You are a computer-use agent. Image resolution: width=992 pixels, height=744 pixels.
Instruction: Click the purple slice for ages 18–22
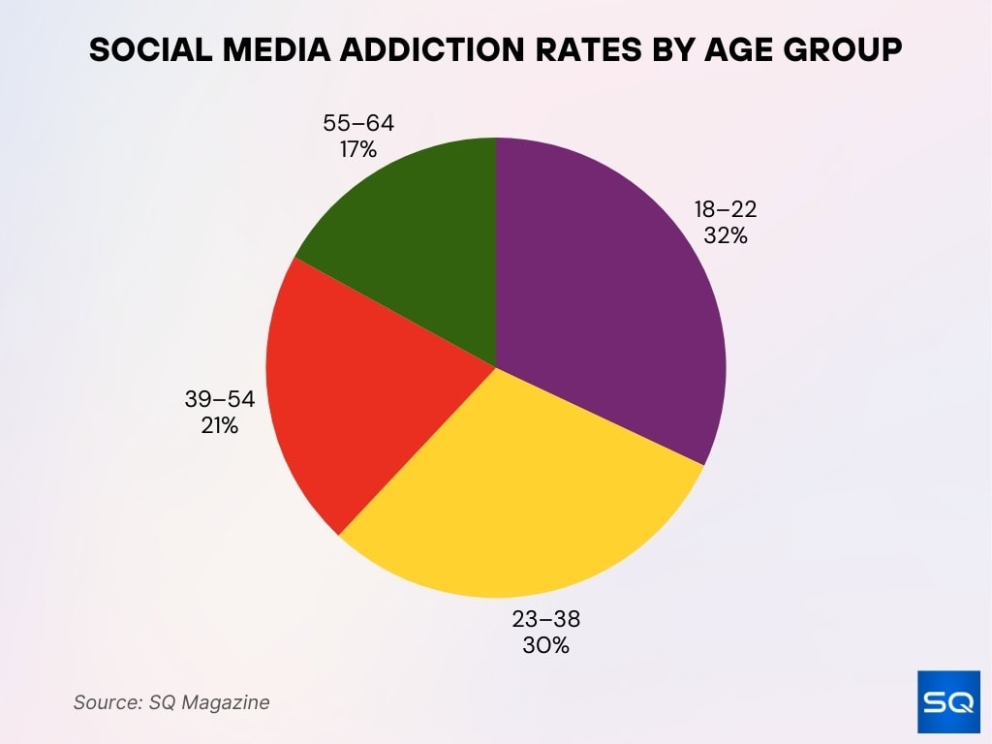[x=610, y=291]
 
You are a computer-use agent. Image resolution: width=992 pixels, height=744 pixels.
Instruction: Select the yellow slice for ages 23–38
[x=523, y=484]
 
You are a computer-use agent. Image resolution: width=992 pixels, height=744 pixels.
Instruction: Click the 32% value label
[x=726, y=234]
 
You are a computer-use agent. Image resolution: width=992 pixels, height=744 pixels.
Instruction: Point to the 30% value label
[x=545, y=645]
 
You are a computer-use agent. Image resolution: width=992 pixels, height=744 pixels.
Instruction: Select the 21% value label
[x=220, y=424]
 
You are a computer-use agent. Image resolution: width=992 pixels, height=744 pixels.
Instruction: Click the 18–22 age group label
[x=726, y=209]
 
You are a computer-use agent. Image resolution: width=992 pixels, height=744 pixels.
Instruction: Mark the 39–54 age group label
[x=220, y=399]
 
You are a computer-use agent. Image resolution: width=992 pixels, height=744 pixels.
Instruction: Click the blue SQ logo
[x=948, y=701]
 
